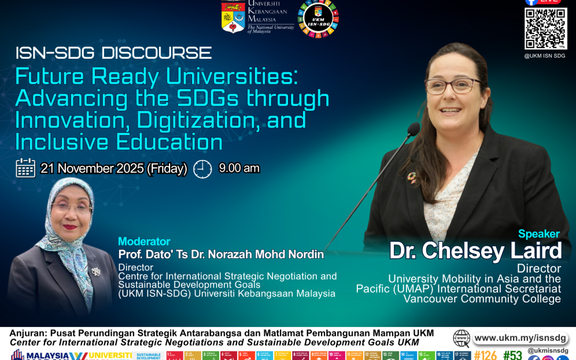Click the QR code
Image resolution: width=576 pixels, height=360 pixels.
coord(545,28)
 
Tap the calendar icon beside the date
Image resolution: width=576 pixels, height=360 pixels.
coord(26,168)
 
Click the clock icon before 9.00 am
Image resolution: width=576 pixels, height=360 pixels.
coord(203,169)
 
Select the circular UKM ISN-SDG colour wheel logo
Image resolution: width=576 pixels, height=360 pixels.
coord(318,19)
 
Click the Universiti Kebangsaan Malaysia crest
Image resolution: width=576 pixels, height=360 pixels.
coord(233,16)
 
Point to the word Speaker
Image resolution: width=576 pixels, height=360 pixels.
coord(539,234)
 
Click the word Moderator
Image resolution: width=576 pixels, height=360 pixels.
coord(144,242)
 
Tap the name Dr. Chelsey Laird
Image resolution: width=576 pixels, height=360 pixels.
coord(475,251)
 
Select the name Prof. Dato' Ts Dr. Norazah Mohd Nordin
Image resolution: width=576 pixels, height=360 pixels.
coord(221,254)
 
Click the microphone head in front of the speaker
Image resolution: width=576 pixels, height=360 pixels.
coord(413,130)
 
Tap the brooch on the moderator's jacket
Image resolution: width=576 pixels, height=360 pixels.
coord(96,271)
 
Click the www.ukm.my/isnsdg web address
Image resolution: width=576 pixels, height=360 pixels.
coord(520,338)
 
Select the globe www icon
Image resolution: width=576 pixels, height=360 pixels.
coord(461,338)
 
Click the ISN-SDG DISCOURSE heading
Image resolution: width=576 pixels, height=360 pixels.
coord(114,53)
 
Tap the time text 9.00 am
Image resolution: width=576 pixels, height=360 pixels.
coord(239,168)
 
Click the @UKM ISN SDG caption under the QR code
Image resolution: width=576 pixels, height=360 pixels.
coord(545,55)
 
